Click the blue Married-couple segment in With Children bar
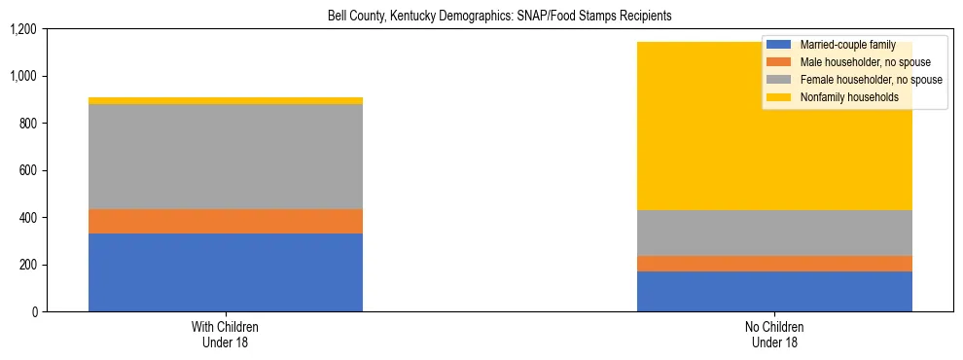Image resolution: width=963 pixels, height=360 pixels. coord(225,272)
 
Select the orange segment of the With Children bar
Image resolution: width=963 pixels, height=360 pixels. coord(225,221)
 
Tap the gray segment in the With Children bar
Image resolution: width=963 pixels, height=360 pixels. coord(225,157)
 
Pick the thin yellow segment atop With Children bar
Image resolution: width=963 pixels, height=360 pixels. coord(225,100)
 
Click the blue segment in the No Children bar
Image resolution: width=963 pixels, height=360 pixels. coord(774,291)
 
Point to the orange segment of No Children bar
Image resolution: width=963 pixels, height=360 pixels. coord(774,264)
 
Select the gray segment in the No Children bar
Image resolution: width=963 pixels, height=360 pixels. coord(774,233)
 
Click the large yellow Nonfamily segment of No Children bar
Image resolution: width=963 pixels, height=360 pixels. coord(681,126)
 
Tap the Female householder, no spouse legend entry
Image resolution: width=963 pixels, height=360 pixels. coord(855,80)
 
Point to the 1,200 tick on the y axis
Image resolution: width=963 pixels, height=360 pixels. coord(22,29)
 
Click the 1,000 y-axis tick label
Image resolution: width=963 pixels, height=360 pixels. coord(22,76)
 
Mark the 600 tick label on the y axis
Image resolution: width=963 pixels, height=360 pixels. coord(26,170)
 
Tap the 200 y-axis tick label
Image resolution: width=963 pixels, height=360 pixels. coord(26,265)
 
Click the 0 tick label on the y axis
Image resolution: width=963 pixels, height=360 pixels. coord(34,311)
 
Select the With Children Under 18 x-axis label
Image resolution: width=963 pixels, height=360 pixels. coord(225,334)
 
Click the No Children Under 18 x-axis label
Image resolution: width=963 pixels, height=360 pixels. coord(774,334)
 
